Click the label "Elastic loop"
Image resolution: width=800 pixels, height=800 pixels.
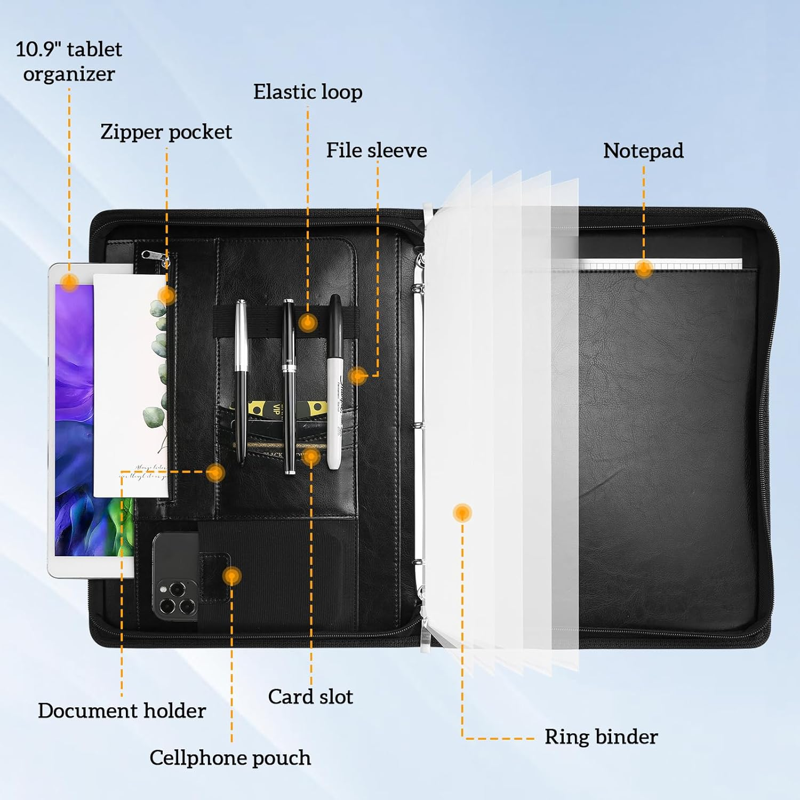click(x=308, y=92)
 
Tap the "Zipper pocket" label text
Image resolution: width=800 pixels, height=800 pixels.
click(x=166, y=132)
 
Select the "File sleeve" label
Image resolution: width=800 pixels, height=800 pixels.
click(x=377, y=150)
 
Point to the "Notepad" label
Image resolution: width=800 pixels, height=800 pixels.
click(x=643, y=151)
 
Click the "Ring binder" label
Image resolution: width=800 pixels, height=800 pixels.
click(x=601, y=737)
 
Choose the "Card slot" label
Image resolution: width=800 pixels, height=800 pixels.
click(x=310, y=697)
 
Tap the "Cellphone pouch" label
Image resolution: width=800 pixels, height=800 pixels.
click(x=230, y=758)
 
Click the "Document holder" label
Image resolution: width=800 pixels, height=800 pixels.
click(x=122, y=710)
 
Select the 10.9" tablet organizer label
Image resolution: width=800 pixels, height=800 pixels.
click(x=69, y=61)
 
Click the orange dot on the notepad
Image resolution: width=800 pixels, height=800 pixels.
click(x=644, y=269)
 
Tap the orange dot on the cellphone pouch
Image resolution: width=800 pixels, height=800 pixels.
click(x=231, y=575)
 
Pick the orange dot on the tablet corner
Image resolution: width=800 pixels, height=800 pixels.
click(x=69, y=281)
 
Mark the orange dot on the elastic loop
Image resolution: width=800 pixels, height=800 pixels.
click(x=308, y=322)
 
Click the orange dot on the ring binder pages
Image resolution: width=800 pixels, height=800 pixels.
click(x=462, y=513)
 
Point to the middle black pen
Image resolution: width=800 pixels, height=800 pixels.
click(x=289, y=384)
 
